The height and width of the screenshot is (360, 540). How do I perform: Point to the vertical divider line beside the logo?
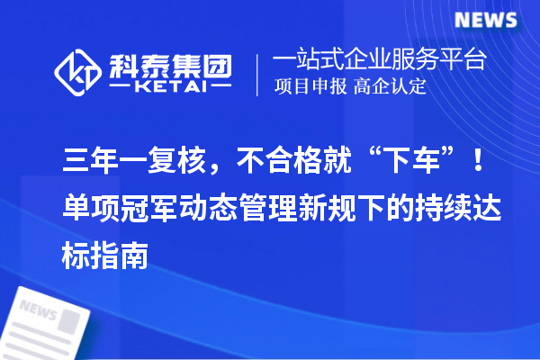tap(258, 74)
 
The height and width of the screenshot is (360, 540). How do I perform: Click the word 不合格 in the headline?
tap(274, 165)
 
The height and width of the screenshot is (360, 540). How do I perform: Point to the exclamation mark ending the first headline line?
tap(477, 165)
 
